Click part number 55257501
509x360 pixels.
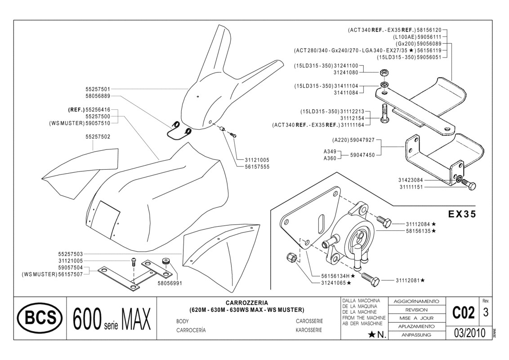coord(98,89)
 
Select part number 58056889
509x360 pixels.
coord(98,96)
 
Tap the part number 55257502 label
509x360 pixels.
coord(98,136)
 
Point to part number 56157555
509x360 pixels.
coord(257,166)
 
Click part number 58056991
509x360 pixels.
coord(170,284)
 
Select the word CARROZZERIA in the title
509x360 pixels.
coord(247,303)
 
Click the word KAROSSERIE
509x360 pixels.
coord(309,330)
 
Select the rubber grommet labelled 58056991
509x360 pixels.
coord(165,260)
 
